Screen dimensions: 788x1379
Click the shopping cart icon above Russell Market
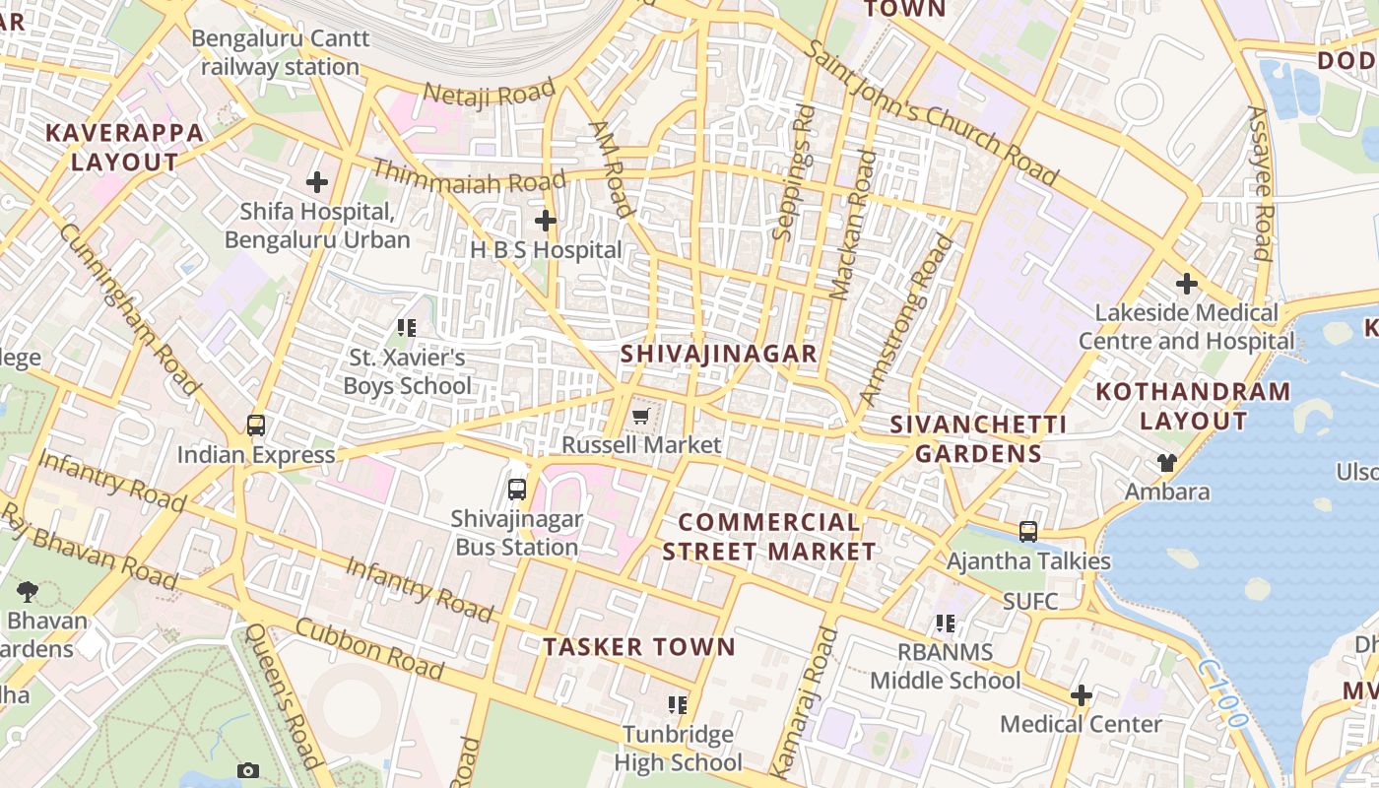tap(641, 417)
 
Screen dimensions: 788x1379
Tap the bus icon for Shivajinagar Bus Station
tap(517, 489)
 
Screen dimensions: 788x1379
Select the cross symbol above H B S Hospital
tap(545, 221)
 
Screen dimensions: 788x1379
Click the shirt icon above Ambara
tap(1167, 463)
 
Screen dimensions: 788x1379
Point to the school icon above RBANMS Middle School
tap(946, 623)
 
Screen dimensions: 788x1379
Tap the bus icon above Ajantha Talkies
tap(1028, 532)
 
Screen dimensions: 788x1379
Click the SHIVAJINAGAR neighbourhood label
tap(719, 355)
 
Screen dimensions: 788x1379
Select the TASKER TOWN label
tap(639, 647)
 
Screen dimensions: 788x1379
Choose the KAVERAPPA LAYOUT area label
tap(125, 148)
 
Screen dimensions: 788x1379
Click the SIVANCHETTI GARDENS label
tap(978, 439)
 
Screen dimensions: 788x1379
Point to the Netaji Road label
tap(490, 95)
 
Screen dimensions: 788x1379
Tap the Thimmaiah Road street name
tap(469, 178)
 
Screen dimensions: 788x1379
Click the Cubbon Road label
tap(368, 649)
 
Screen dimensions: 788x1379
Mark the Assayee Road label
tap(1260, 182)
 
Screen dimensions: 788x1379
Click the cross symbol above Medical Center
tap(1082, 695)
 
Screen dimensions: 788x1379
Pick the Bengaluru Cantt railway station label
tap(281, 53)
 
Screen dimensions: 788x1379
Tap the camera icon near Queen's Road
tap(248, 770)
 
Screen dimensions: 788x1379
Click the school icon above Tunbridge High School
tap(678, 704)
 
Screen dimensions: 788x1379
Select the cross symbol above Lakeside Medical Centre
tap(1187, 285)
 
